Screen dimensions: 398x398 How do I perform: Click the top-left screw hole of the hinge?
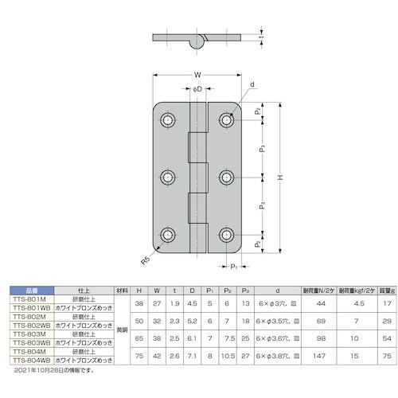click(x=169, y=120)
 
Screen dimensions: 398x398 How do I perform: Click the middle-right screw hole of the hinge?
click(x=227, y=177)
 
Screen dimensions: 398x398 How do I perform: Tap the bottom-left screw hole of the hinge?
click(x=169, y=234)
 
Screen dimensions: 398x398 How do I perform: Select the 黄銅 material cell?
click(x=121, y=327)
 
